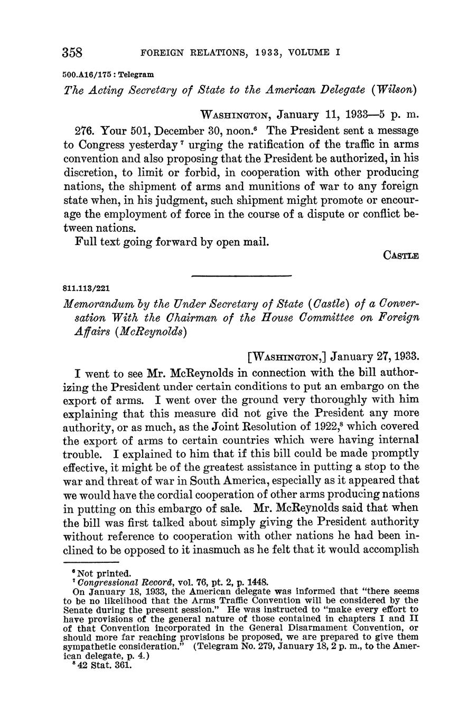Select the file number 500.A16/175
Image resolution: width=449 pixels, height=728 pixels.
click(x=88, y=74)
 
